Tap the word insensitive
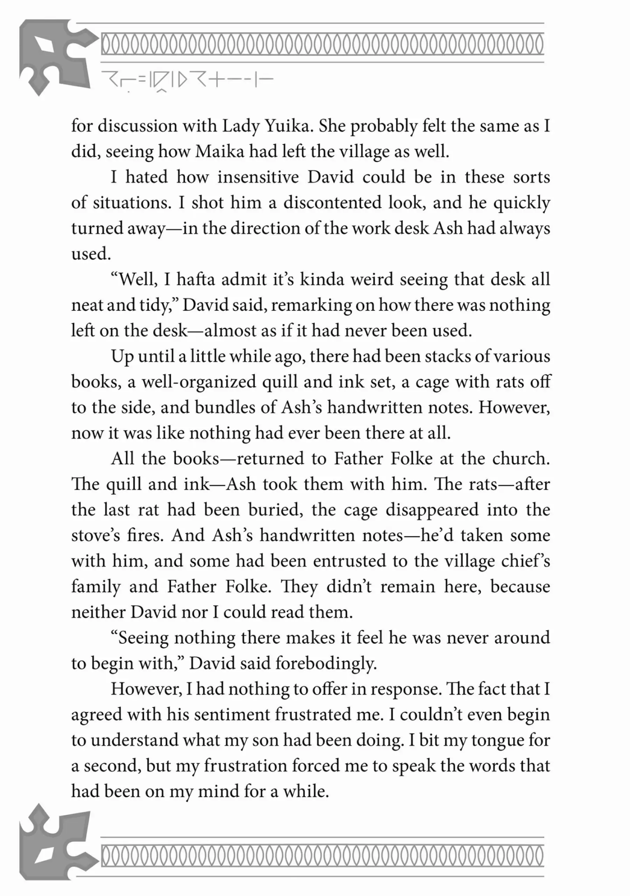(x=258, y=177)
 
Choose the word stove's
(x=95, y=535)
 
